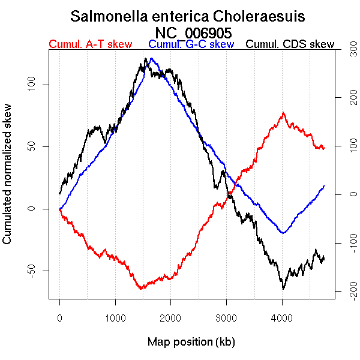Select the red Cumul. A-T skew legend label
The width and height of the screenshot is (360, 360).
pyautogui.click(x=90, y=45)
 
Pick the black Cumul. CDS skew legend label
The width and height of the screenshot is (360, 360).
pyautogui.click(x=290, y=45)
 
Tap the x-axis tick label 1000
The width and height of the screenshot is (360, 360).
pyautogui.click(x=115, y=317)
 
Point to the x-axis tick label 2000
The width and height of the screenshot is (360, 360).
pyautogui.click(x=171, y=317)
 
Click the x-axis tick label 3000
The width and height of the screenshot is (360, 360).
pyautogui.click(x=227, y=317)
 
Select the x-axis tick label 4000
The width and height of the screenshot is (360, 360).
pyautogui.click(x=283, y=317)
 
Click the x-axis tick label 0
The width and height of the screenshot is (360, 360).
pyautogui.click(x=59, y=317)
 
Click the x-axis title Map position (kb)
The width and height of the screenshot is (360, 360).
pyautogui.click(x=191, y=343)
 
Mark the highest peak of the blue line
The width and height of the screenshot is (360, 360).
pyautogui.click(x=152, y=59)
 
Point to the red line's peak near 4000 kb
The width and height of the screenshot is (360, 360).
pyautogui.click(x=283, y=113)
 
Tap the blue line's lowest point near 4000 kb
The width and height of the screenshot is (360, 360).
pyautogui.click(x=283, y=233)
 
